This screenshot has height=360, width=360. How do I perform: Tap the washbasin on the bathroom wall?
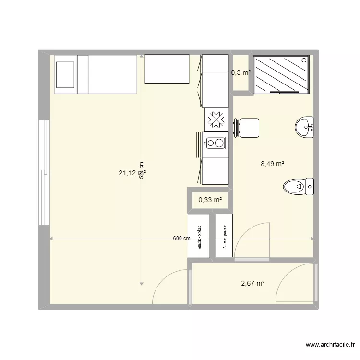click(x=304, y=127)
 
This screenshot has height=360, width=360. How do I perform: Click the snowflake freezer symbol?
click(x=216, y=119)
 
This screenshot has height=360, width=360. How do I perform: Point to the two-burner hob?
click(x=215, y=143)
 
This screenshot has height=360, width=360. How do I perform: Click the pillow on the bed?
click(x=65, y=74)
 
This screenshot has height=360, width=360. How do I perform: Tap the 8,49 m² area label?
click(x=272, y=164)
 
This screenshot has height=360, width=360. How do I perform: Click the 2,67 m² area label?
click(x=252, y=283)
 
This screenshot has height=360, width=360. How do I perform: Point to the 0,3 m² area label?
click(x=240, y=72)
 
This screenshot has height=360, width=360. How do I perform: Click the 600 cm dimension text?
click(x=182, y=239)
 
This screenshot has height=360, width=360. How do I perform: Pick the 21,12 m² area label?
click(x=132, y=173)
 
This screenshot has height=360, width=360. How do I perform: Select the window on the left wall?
click(x=44, y=173)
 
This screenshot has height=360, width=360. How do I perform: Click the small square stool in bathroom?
click(x=249, y=128)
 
